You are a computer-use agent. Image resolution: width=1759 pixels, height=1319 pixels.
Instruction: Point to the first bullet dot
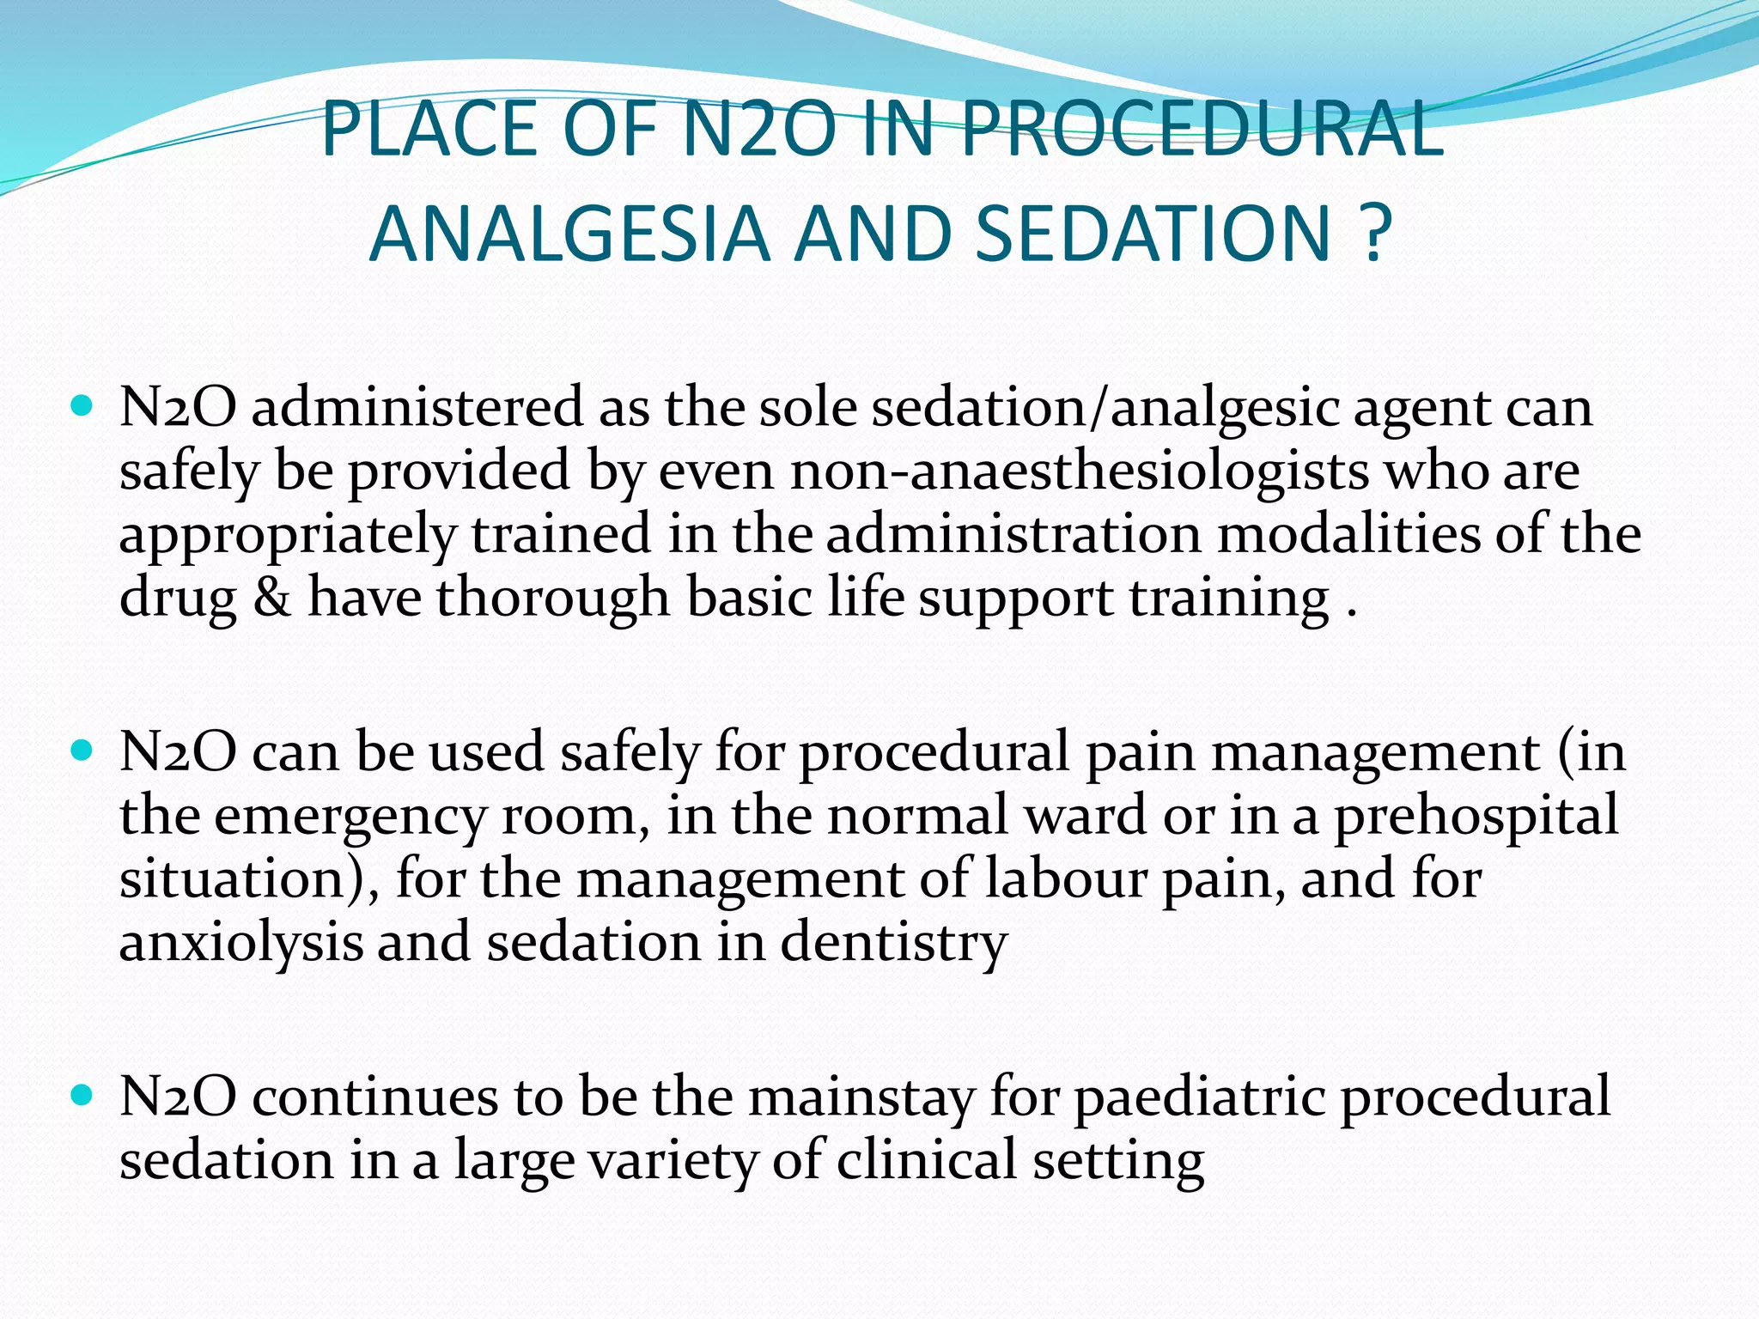click(x=82, y=406)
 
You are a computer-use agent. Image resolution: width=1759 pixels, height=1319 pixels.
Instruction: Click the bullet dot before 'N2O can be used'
click(x=82, y=751)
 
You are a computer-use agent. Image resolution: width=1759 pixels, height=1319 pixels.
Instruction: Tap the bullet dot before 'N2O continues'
click(x=82, y=1097)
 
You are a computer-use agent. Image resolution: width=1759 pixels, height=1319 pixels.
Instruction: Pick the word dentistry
click(x=893, y=942)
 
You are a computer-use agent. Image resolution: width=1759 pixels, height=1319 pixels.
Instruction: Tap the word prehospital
click(x=1476, y=815)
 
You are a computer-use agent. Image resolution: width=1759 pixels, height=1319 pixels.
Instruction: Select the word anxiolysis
click(x=240, y=942)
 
